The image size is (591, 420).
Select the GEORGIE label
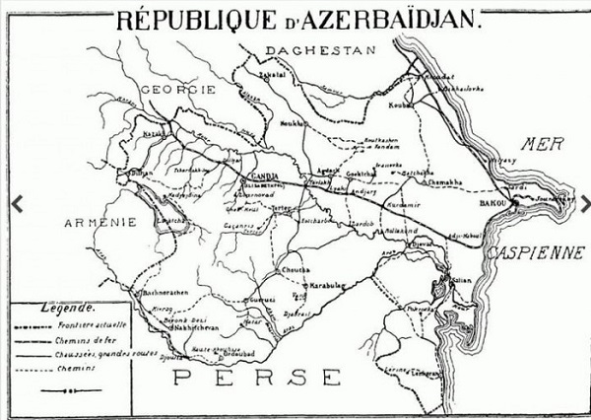[x=178, y=90]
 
